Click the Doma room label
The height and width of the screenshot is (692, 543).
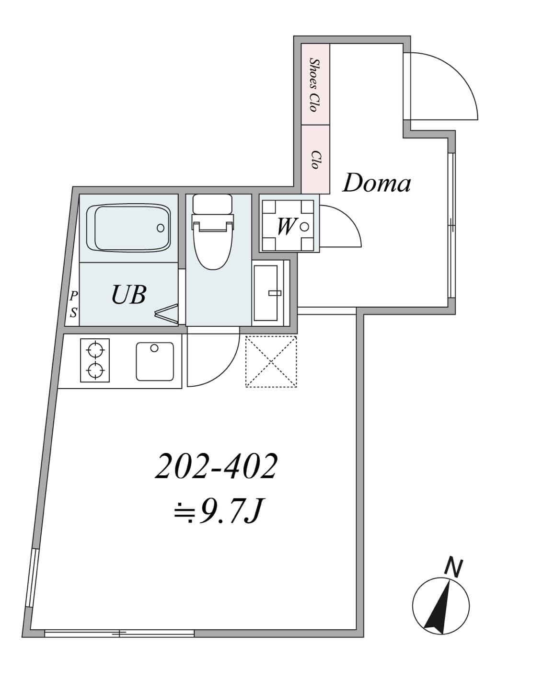tap(376, 183)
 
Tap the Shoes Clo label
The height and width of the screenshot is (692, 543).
tap(315, 85)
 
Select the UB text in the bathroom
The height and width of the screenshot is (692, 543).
tap(129, 295)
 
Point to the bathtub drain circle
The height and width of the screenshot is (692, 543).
tap(161, 228)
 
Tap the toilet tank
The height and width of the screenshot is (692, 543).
tap(212, 204)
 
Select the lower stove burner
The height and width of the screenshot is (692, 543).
tap(95, 370)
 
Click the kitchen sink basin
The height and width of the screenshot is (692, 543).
tap(155, 361)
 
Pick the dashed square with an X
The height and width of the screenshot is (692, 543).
tap(271, 362)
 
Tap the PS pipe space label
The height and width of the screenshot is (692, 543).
tap(74, 304)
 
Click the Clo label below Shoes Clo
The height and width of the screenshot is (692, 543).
tap(315, 160)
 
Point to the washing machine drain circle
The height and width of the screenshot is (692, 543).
tap(305, 227)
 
